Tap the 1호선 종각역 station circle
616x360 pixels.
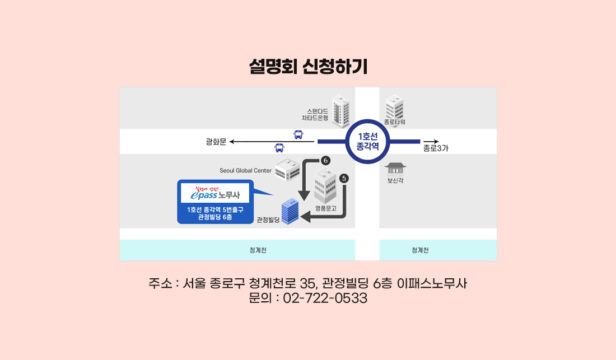pos(368,141)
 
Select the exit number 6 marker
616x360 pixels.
pos(326,161)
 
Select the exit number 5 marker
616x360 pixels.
pos(344,179)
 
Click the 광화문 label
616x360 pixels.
pos(216,142)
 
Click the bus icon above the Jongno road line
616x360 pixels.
pos(298,134)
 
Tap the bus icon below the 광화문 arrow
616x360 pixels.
pos(279,148)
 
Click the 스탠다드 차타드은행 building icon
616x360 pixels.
pos(340,112)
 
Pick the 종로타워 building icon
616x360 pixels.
pos(395,106)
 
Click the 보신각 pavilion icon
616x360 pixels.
pos(395,168)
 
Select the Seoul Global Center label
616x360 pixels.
pos(245,170)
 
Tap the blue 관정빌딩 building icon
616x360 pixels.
pos(290,212)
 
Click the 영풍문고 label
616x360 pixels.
pos(325,208)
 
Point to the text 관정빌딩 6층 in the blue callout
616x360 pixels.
pos(215,217)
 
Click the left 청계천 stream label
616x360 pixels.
pos(258,250)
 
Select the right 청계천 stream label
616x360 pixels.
pos(420,250)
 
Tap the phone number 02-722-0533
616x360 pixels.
pos(325,298)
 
